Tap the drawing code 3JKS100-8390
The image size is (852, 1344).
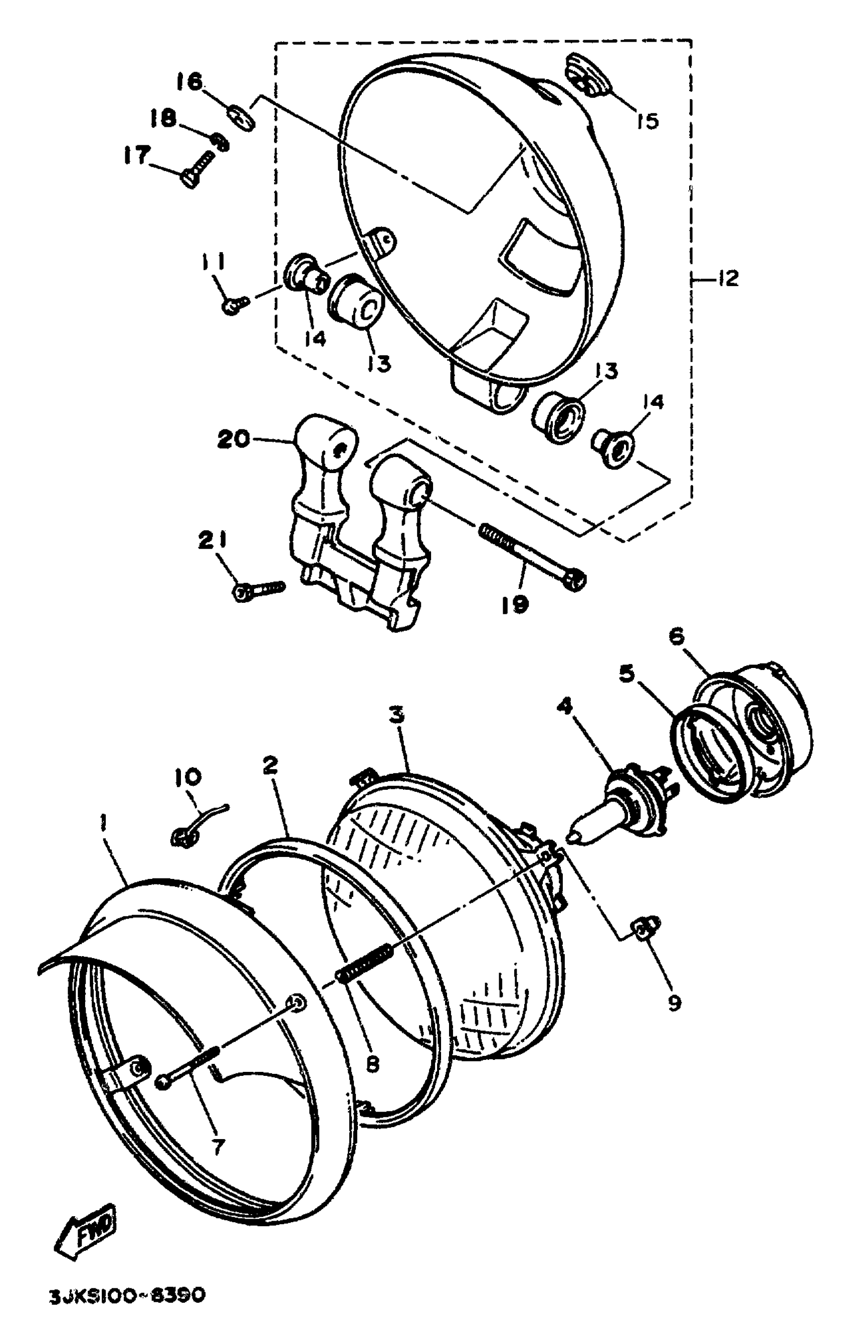point(127,1311)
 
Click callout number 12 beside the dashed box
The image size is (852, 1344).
point(727,278)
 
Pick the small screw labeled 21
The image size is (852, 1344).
point(258,588)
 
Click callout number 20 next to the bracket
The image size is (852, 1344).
point(234,439)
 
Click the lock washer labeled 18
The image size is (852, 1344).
point(221,141)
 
